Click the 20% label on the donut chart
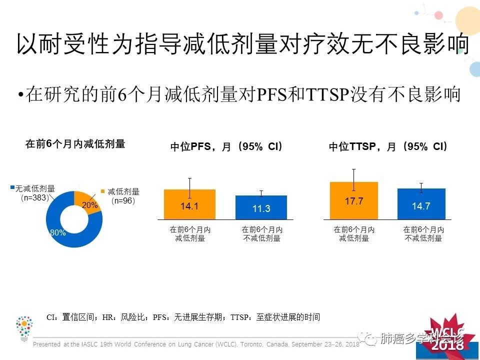pos(90,205)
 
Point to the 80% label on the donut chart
pos(57,232)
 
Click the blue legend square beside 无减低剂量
pos(12,188)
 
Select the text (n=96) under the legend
pos(123,200)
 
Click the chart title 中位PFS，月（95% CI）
pos(226,147)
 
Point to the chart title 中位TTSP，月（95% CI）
pos(388,147)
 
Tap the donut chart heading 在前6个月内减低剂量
pos(75,144)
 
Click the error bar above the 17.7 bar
pos(353,179)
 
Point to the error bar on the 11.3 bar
pos(261,193)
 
